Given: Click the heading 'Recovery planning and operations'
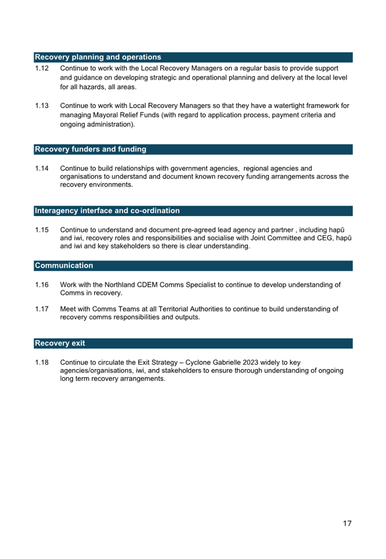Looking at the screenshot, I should click(x=98, y=57).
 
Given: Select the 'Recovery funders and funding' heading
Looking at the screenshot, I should click(x=91, y=149).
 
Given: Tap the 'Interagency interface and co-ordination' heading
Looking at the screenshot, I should click(x=107, y=211).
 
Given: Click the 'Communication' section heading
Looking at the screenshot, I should click(x=64, y=266).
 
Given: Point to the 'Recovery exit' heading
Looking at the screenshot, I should click(x=60, y=344).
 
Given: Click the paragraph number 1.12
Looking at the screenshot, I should click(x=42, y=68).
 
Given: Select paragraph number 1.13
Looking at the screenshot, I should click(x=42, y=106).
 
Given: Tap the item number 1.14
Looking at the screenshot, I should click(x=42, y=168).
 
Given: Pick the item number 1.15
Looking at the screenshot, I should click(x=42, y=230).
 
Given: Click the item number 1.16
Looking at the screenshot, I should click(x=42, y=285).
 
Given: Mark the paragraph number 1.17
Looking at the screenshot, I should click(x=42, y=309).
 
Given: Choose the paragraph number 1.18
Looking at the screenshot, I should click(x=42, y=362).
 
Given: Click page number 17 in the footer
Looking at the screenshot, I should click(x=347, y=523).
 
